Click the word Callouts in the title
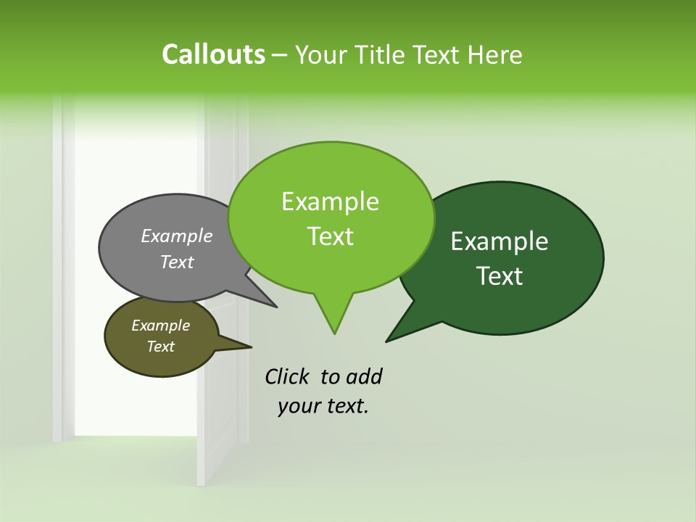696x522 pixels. (x=213, y=54)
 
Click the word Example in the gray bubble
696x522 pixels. (x=176, y=236)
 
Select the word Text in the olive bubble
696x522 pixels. (x=160, y=347)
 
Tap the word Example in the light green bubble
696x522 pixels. (x=330, y=202)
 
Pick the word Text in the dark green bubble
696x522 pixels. (x=500, y=276)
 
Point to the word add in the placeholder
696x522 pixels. (x=364, y=376)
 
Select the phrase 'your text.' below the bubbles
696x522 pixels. (x=323, y=406)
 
